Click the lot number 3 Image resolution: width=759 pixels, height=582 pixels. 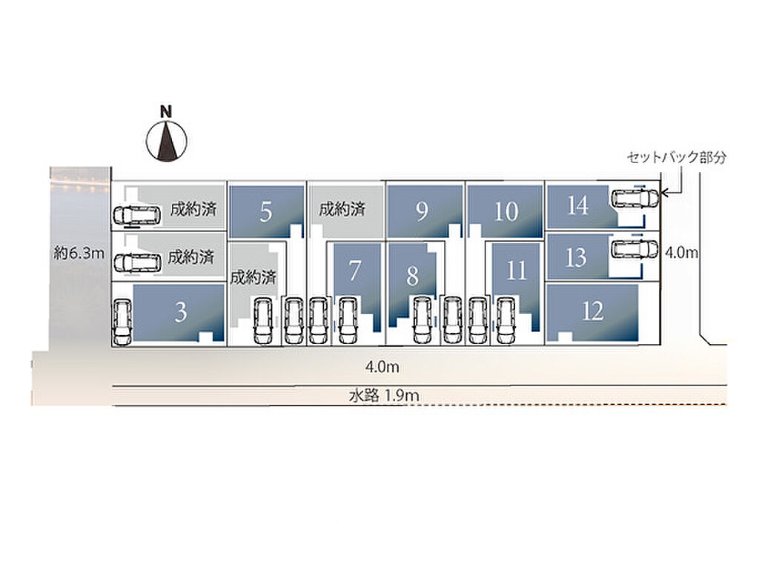point(181,312)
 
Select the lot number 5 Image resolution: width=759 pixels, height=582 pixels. point(266,212)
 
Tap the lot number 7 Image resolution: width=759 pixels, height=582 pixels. point(355,271)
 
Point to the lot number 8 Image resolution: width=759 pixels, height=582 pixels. point(412,276)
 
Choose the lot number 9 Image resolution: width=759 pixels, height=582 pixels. point(422,211)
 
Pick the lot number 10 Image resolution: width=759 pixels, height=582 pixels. point(506,211)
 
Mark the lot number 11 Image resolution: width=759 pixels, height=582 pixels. point(517,271)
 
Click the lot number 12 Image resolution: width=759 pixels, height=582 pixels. point(593,311)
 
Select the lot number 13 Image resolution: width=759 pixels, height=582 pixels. point(576,257)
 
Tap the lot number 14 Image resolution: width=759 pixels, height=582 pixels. point(578,205)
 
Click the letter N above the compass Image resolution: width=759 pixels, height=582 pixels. point(166,112)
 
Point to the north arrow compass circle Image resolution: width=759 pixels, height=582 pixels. point(167,141)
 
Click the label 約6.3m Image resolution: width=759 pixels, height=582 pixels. point(79,253)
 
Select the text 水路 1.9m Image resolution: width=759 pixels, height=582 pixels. point(384,396)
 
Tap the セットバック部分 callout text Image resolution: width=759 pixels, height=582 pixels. point(677,157)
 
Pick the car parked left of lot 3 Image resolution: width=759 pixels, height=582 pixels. point(122,322)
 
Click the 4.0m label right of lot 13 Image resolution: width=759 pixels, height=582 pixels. point(682,252)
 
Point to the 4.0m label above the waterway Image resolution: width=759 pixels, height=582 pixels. point(382,367)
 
